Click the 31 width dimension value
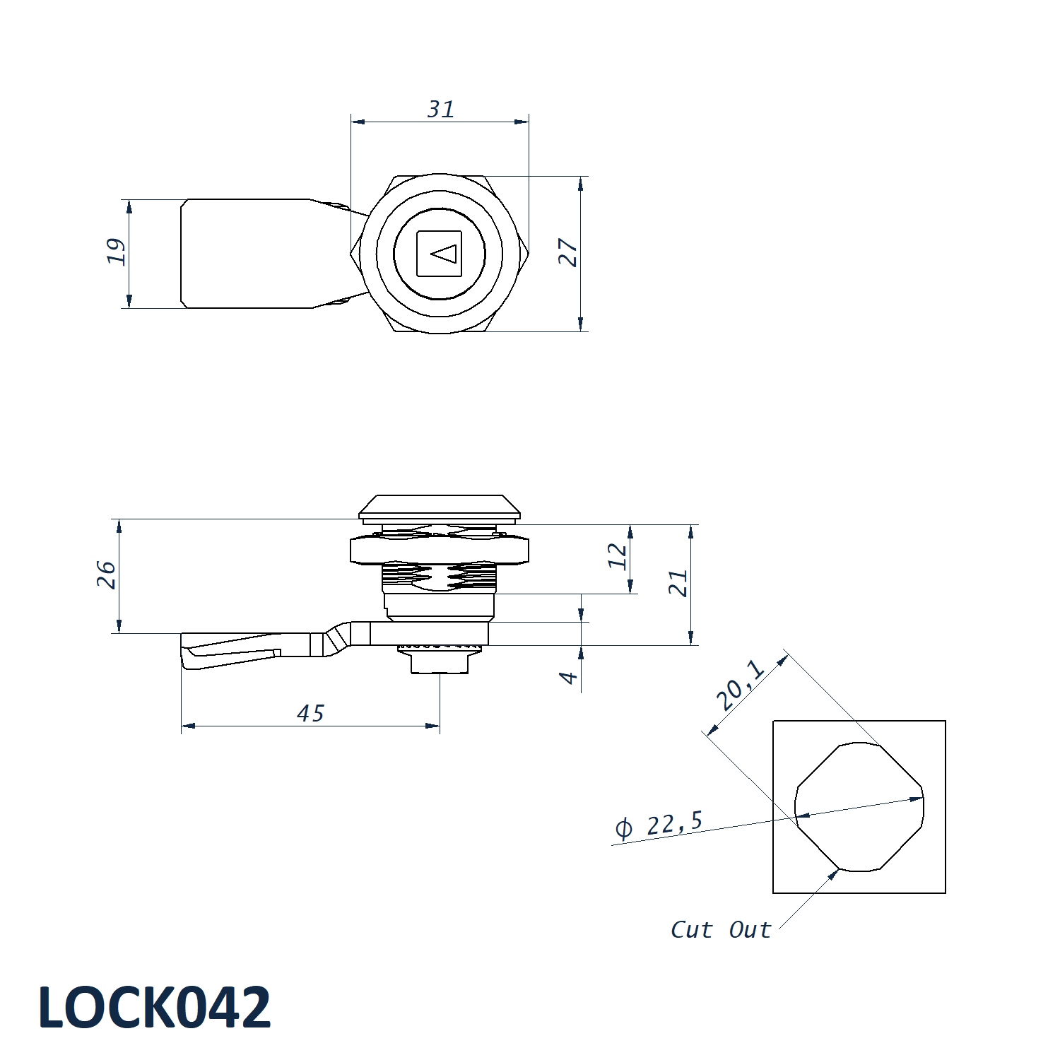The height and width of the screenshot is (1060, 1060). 441,109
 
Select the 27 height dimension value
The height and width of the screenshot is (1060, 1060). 568,252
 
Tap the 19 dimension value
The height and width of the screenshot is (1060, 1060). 117,252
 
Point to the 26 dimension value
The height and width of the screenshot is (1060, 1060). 106,575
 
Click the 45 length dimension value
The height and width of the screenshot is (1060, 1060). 311,714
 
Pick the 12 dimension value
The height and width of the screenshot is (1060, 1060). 618,556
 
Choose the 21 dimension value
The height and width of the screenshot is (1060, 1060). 678,583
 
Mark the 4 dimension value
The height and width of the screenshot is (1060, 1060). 569,678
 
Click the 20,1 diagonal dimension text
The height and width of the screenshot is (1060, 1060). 740,685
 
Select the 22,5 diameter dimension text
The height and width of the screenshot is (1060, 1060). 675,823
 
